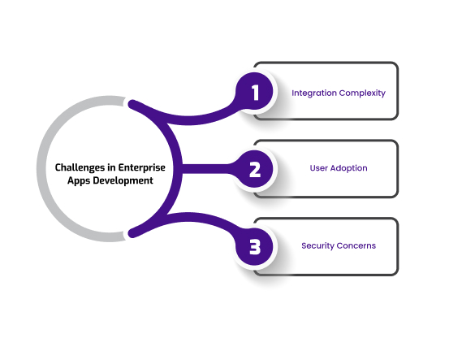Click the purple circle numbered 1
pyautogui.click(x=254, y=92)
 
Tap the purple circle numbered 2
pyautogui.click(x=254, y=169)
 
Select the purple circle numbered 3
pyautogui.click(x=254, y=246)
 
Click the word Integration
pyautogui.click(x=314, y=93)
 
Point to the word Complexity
pyautogui.click(x=362, y=93)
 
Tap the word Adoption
pyautogui.click(x=348, y=168)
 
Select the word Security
pyautogui.click(x=317, y=246)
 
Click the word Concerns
pyautogui.click(x=356, y=245)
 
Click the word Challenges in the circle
pyautogui.click(x=80, y=167)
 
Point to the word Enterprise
pyautogui.click(x=142, y=167)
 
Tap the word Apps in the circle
pyautogui.click(x=79, y=180)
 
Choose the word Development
pyautogui.click(x=123, y=180)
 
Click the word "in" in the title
pyautogui.click(x=111, y=167)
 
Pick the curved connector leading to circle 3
pyautogui.click(x=186, y=217)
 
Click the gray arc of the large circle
pyautogui.click(x=41, y=169)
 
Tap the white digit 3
pyautogui.click(x=255, y=247)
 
